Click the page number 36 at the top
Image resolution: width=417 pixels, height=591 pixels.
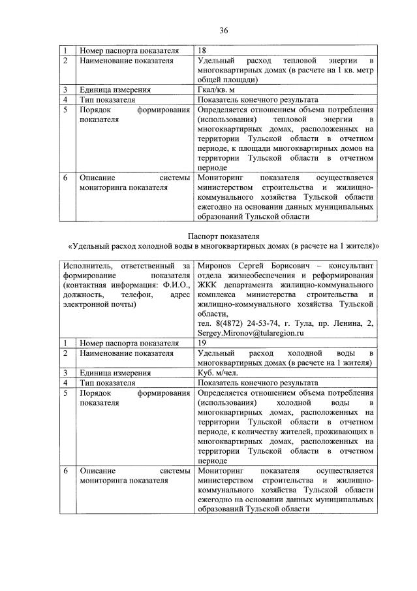click(223, 30)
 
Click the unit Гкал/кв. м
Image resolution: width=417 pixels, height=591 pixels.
click(219, 90)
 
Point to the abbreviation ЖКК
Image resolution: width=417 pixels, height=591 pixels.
click(207, 285)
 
